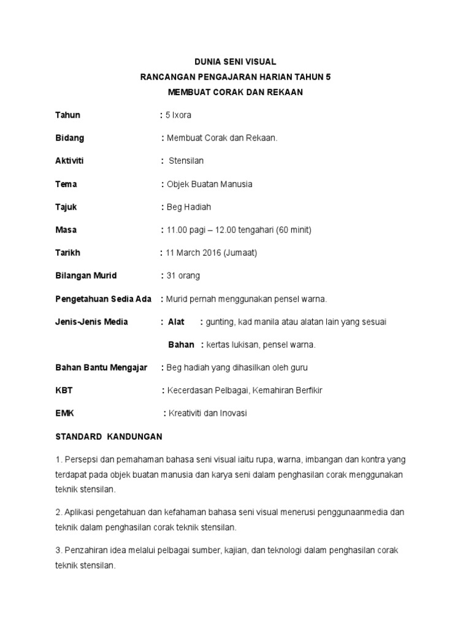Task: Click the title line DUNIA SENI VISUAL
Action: click(235, 62)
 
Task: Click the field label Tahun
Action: click(67, 115)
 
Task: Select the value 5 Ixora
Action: click(178, 115)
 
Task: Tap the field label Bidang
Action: click(70, 138)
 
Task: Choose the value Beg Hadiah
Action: click(188, 207)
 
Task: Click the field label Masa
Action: click(66, 230)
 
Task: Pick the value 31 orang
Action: click(183, 275)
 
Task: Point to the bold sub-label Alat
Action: click(176, 321)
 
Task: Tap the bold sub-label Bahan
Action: click(181, 345)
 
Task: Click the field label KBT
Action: click(64, 390)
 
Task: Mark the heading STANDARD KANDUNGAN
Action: click(109, 437)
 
